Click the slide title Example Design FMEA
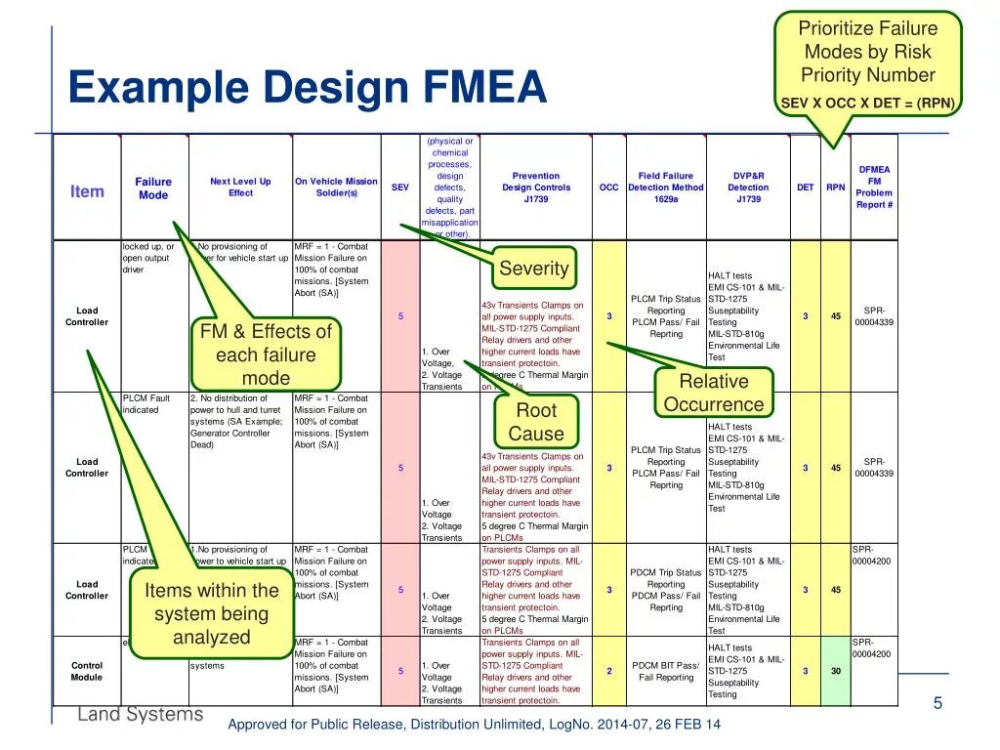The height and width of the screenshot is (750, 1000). [308, 89]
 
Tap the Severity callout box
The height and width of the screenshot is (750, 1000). [533, 269]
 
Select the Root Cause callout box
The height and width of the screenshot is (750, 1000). [536, 422]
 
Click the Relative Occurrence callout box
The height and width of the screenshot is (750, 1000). [714, 393]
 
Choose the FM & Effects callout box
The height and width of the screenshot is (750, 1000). [266, 354]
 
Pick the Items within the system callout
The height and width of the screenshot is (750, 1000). [212, 613]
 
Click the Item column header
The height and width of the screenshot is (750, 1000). [87, 191]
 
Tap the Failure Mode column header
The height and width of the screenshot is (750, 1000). [153, 188]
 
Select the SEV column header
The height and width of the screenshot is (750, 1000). [400, 187]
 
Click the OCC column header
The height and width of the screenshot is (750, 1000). [608, 187]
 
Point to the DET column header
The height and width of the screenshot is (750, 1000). [805, 187]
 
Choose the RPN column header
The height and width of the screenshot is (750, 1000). [836, 187]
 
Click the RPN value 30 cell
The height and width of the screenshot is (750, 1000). [836, 671]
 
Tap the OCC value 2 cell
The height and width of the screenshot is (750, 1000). [608, 671]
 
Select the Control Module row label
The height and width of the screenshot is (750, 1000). [87, 671]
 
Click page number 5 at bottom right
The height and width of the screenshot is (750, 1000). [937, 703]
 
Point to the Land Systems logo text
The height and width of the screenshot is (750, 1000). [141, 714]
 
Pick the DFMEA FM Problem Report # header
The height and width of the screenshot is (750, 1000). [874, 187]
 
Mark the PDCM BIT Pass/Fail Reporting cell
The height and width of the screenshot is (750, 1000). [666, 671]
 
